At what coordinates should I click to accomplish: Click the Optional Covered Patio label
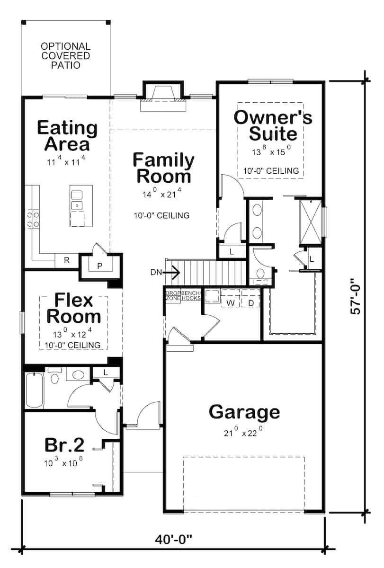pos(65,56)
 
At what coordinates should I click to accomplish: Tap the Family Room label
pos(163,168)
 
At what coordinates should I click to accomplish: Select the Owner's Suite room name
pos(273,125)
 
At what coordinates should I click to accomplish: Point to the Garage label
pos(244,412)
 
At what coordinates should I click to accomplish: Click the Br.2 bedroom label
pos(65,445)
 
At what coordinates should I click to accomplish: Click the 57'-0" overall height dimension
pos(356,298)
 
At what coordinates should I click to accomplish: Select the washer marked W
pos(231,302)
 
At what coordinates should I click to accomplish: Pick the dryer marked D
pos(251,302)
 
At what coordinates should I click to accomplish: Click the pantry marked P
pos(99,266)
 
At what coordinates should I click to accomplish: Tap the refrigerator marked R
pos(67,260)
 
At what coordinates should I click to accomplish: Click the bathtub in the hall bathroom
pos(34,391)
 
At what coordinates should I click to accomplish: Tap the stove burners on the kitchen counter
pos(33,220)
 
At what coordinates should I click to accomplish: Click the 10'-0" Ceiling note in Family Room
pos(161,216)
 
